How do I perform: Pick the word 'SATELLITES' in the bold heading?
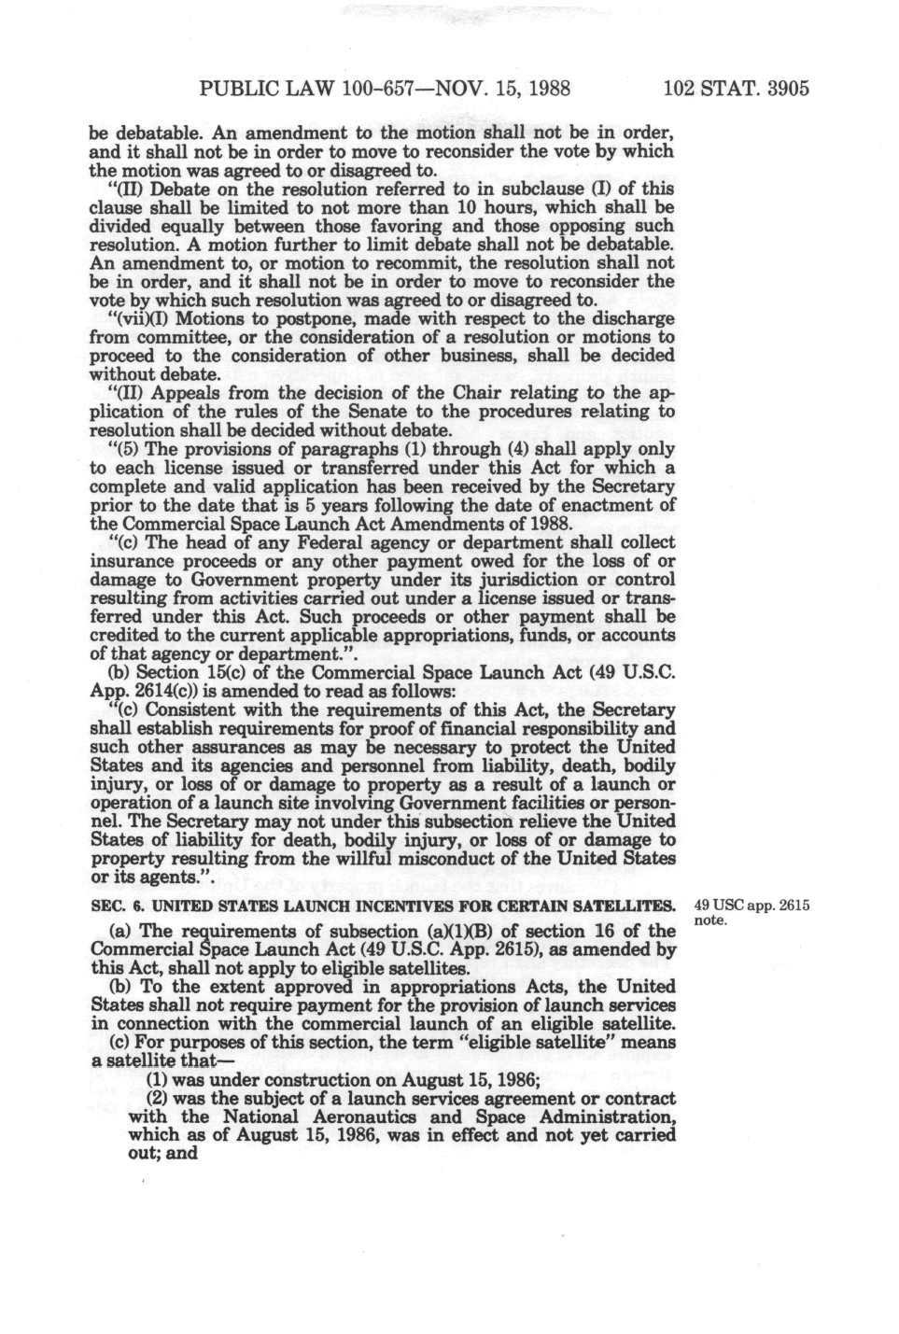(x=625, y=906)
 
